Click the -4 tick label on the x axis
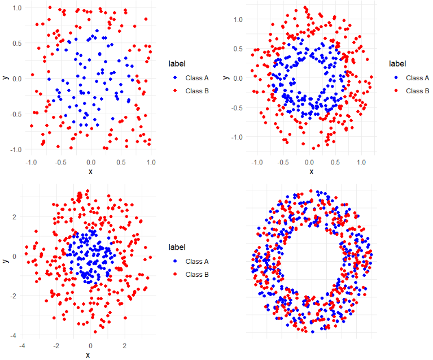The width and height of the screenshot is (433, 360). [21, 345]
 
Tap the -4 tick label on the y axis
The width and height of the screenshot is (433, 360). [14, 335]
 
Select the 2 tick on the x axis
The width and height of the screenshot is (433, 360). [125, 345]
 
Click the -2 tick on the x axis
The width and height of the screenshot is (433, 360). [56, 345]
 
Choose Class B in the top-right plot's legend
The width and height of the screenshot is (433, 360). [417, 90]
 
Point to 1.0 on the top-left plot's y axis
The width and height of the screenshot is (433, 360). [16, 8]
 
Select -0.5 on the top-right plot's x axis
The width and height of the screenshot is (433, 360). [282, 162]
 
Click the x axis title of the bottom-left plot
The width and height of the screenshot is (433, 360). [88, 354]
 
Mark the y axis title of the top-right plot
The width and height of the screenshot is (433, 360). [225, 78]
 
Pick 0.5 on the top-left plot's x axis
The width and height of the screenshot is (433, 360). [120, 162]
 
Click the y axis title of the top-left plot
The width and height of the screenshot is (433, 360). [5, 78]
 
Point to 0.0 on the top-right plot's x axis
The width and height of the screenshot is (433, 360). [309, 162]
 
